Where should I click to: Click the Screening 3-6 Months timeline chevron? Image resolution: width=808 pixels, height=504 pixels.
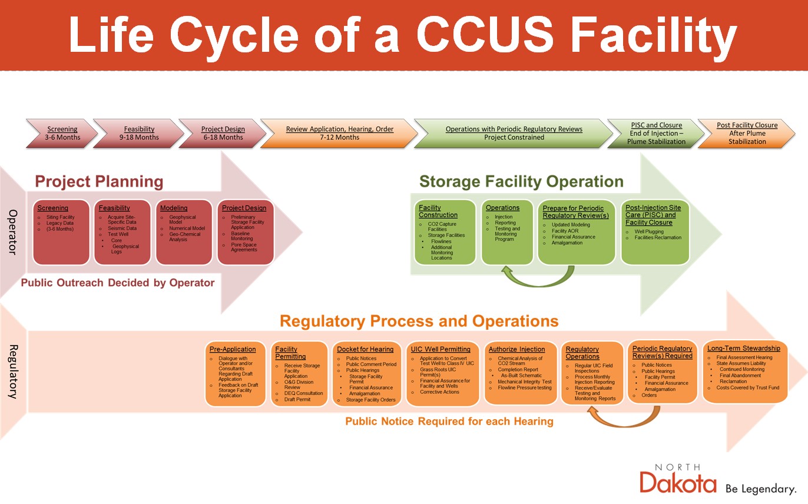pos(61,133)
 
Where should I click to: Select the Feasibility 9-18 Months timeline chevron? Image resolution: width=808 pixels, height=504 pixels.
pos(139,133)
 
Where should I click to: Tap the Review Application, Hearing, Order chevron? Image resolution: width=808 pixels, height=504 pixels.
pos(339,133)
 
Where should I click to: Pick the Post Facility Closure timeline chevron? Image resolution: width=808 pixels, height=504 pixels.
pos(747,133)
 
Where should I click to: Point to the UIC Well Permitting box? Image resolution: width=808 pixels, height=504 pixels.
pos(443,373)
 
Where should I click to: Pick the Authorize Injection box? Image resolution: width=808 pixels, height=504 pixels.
pos(521,373)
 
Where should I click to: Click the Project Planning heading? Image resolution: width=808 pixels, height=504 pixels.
pos(99,181)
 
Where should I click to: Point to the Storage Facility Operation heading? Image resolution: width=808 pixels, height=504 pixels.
pos(521,181)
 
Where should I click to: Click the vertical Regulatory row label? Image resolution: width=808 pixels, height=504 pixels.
pos(13,372)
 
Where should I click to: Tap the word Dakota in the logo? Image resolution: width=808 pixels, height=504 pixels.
pos(678,483)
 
